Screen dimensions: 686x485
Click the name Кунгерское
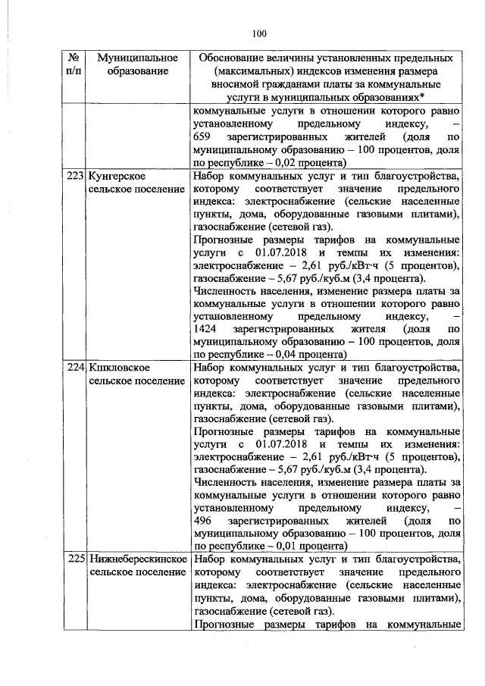coord(116,175)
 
